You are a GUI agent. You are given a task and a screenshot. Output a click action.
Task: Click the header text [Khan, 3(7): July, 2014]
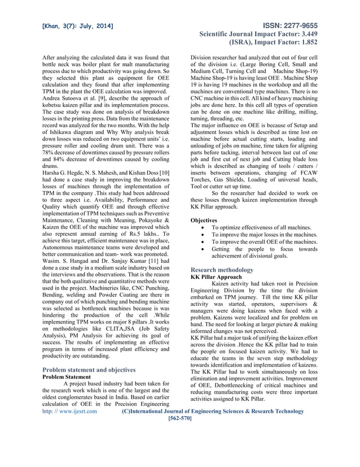(77, 27)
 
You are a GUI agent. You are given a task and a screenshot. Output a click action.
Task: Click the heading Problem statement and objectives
(89, 369)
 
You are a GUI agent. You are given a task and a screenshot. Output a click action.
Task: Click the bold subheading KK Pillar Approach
(216, 278)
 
